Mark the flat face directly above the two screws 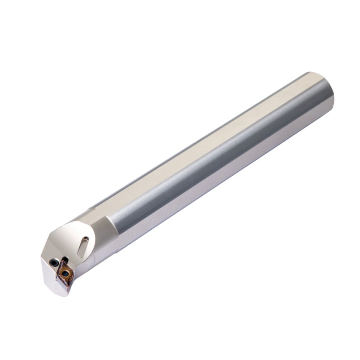pyautogui.click(x=59, y=244)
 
